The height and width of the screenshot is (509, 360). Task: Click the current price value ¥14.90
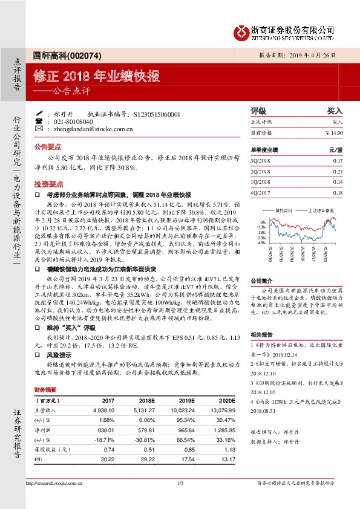click(334, 132)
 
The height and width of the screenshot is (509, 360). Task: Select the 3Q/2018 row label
click(260, 160)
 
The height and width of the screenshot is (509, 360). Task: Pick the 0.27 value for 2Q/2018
click(338, 171)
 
